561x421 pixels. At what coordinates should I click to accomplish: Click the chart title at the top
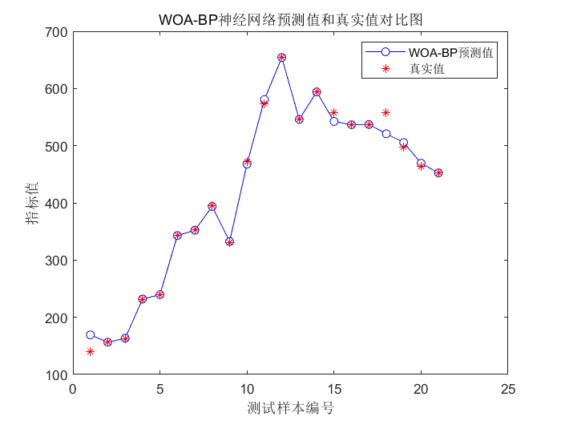[x=290, y=19]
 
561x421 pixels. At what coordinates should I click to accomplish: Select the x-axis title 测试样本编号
[x=290, y=408]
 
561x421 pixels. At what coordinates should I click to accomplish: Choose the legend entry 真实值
[x=427, y=69]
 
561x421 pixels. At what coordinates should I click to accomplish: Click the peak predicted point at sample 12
[x=281, y=58]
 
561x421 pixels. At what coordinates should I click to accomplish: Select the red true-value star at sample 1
[x=90, y=351]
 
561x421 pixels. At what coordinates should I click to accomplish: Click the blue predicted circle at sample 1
[x=90, y=334]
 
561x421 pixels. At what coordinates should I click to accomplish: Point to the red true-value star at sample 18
[x=385, y=112]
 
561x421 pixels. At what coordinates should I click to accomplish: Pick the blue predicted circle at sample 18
[x=385, y=133]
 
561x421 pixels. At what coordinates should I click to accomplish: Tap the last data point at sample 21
[x=438, y=172]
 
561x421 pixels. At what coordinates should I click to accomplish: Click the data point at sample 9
[x=229, y=241]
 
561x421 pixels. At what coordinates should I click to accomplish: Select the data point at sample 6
[x=177, y=235]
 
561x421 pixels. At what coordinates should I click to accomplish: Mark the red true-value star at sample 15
[x=333, y=113]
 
